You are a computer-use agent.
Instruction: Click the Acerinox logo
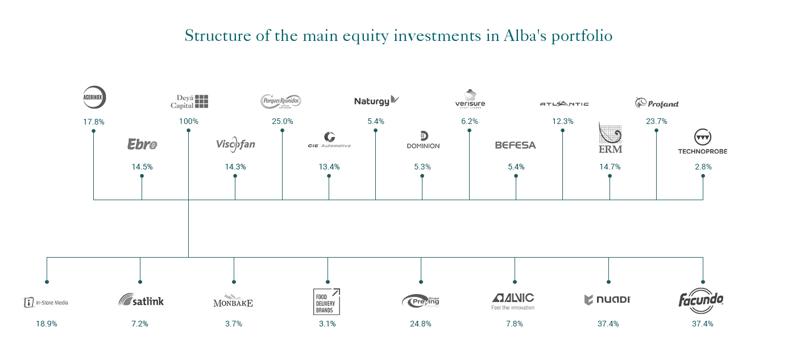point(94,97)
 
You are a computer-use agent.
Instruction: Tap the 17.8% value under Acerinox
point(94,122)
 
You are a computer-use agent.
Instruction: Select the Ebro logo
point(142,144)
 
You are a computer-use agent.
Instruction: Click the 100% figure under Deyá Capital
point(188,122)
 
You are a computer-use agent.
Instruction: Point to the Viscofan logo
point(235,144)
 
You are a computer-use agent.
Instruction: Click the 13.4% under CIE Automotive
point(329,167)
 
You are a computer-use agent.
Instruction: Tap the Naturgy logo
point(376,101)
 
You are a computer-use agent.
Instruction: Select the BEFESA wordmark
point(515,145)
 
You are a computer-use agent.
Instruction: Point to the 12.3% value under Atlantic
point(563,122)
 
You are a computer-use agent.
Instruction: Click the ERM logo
point(610,138)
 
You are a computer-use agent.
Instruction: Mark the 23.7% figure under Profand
point(657,122)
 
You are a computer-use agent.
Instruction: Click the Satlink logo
point(140,300)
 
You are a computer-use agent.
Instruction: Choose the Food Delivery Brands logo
point(327,301)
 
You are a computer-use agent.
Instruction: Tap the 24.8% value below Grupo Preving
point(421,324)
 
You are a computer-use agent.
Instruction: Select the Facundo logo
point(701,300)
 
